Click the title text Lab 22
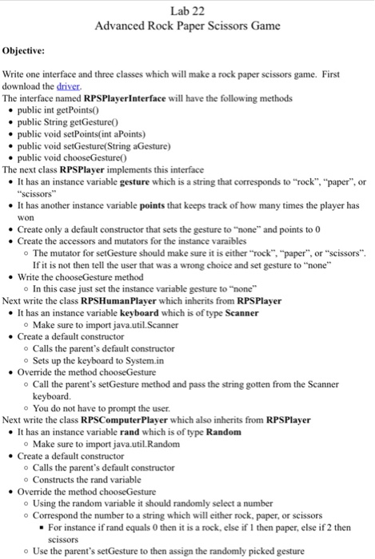pyautogui.click(x=187, y=10)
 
